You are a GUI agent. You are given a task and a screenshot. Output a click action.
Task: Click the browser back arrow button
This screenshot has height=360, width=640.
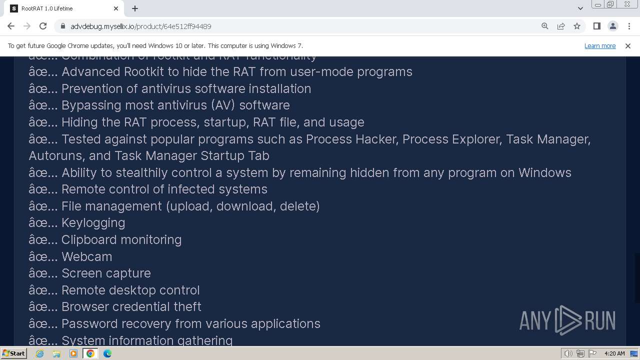tap(11, 26)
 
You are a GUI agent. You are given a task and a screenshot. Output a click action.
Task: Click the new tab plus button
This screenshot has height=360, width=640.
tap(135, 8)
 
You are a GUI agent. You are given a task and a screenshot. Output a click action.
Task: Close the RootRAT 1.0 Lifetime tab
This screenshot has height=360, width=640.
tap(116, 8)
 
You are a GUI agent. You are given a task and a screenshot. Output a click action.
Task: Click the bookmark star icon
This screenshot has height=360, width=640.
tap(577, 26)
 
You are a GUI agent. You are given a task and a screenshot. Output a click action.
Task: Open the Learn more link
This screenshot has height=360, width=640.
tap(599, 45)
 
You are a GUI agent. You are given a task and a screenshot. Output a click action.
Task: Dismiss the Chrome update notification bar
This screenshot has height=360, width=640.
tap(627, 45)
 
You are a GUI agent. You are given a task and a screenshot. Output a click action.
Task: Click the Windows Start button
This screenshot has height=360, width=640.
tap(13, 353)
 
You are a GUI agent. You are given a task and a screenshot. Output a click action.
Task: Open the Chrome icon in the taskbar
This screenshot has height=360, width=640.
tap(90, 353)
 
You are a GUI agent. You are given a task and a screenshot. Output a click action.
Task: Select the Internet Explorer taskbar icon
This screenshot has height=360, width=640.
tap(40, 353)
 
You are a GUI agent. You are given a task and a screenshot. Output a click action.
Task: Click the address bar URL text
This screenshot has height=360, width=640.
tap(141, 26)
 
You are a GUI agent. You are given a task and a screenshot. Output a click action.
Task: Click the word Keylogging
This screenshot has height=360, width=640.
tap(93, 222)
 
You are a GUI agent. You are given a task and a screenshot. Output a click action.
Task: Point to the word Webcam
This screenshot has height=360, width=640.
tap(86, 256)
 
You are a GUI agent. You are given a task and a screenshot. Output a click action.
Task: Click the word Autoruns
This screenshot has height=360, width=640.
tap(55, 155)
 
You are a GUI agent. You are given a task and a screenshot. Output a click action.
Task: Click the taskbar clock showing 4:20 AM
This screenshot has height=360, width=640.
tap(614, 353)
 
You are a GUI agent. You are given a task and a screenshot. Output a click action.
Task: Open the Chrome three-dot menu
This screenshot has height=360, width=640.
tap(628, 26)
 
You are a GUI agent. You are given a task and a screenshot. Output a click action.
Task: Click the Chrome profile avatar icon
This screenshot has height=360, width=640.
tap(612, 26)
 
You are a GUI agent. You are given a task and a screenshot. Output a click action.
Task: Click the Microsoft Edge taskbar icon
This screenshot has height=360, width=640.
tap(107, 353)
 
